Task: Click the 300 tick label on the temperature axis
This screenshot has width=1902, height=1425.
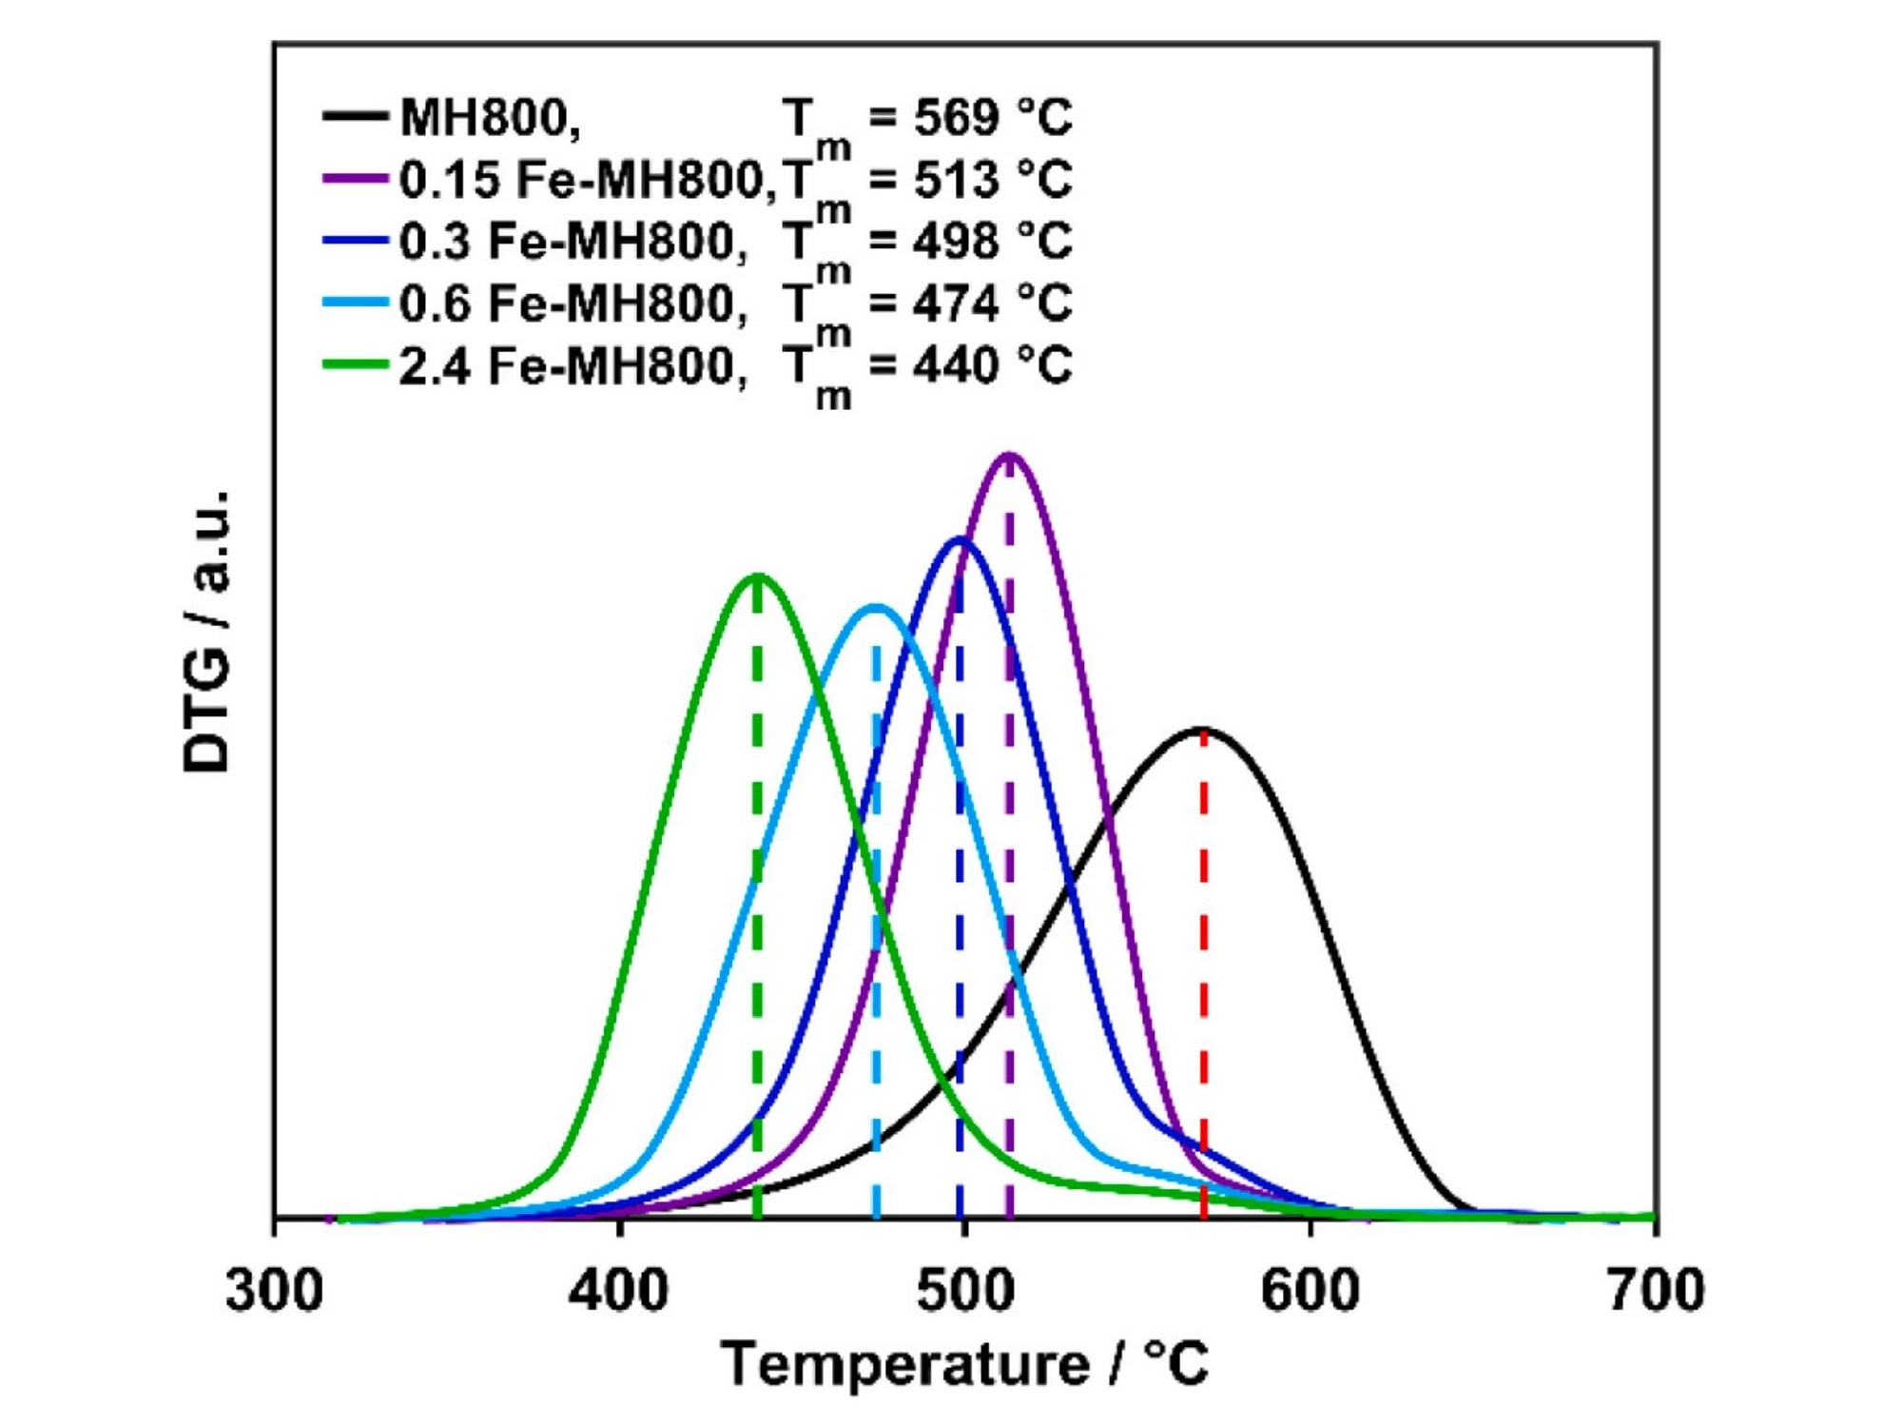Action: tap(274, 1292)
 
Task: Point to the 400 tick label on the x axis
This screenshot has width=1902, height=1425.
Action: tap(619, 1292)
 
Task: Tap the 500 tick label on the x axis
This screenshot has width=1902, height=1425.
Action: tap(964, 1292)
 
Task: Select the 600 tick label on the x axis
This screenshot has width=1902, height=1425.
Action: tap(1310, 1292)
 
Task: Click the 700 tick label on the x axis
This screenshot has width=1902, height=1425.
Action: tap(1656, 1292)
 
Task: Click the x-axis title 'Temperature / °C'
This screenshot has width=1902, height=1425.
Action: tap(964, 1364)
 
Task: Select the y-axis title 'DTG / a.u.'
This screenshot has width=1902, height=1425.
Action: tap(207, 631)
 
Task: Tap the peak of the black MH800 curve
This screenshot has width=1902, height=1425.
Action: tap(1204, 730)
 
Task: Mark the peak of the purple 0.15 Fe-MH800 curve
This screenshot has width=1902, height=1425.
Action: tap(1009, 455)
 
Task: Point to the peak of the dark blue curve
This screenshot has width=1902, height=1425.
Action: tap(959, 539)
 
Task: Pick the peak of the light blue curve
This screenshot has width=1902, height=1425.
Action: tap(875, 606)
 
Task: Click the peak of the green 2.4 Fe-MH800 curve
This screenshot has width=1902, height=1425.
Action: tap(757, 575)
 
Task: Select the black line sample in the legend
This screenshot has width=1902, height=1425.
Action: tap(355, 117)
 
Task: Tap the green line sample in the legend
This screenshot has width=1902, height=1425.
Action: tap(355, 364)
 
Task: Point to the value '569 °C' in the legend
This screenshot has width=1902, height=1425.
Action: tap(993, 117)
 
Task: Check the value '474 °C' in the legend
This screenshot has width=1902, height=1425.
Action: tap(993, 303)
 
